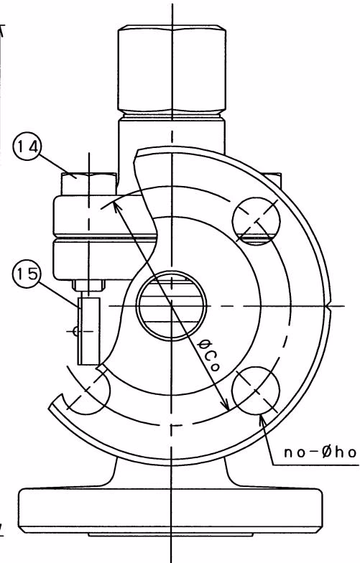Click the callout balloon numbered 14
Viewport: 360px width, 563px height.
(27, 147)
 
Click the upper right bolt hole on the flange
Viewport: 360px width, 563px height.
(256, 220)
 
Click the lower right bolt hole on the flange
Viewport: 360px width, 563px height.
(256, 391)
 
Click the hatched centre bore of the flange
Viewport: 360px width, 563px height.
(172, 306)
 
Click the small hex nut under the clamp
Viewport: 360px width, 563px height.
(89, 286)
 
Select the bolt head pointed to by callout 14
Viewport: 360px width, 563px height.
(88, 184)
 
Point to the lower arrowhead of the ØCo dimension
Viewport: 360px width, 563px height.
(226, 405)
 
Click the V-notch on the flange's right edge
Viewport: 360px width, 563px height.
(328, 307)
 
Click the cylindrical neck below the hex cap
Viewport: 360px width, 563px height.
(172, 134)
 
